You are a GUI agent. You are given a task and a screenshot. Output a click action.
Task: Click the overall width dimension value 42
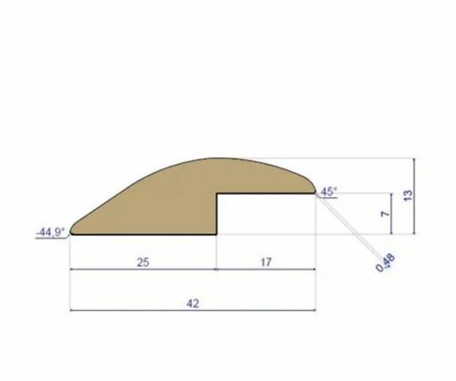pyautogui.click(x=192, y=303)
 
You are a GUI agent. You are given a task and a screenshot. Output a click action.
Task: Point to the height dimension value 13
pyautogui.click(x=407, y=196)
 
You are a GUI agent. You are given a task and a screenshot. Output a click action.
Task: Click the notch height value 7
pyautogui.click(x=384, y=214)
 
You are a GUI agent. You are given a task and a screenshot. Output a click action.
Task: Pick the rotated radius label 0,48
pyautogui.click(x=386, y=262)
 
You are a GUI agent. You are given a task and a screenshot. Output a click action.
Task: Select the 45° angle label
pyautogui.click(x=329, y=191)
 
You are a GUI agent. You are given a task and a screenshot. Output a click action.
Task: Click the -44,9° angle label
pyautogui.click(x=50, y=232)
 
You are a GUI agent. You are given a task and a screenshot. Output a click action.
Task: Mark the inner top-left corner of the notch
pyautogui.click(x=218, y=192)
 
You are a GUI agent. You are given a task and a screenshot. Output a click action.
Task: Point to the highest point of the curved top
pyautogui.click(x=218, y=159)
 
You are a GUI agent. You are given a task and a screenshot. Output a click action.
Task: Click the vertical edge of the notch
pyautogui.click(x=218, y=214)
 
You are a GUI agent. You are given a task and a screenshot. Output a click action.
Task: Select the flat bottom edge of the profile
pyautogui.click(x=142, y=235)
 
